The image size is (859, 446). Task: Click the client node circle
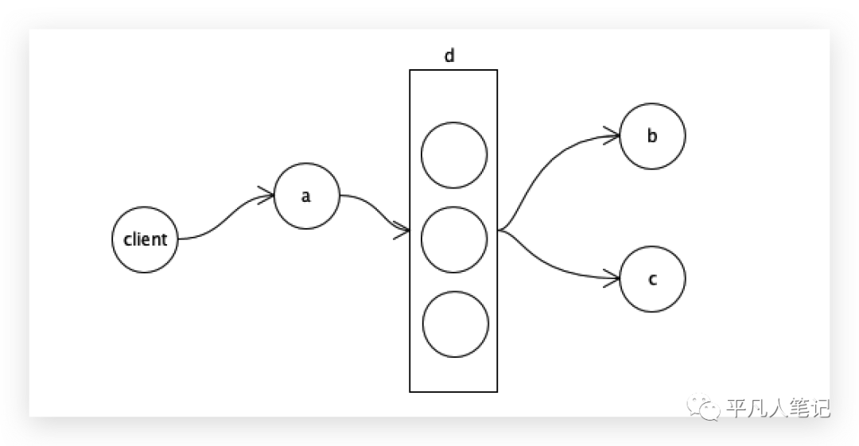tap(145, 239)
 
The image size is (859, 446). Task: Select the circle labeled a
tap(306, 196)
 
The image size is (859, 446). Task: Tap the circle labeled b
tap(652, 136)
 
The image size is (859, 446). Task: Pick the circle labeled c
tap(652, 279)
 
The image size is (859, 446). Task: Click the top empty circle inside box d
tap(454, 155)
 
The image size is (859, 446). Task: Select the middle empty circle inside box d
tap(454, 239)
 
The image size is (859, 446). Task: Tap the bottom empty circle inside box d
tap(455, 324)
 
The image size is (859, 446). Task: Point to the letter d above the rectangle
tap(449, 56)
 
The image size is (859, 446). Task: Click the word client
tap(145, 239)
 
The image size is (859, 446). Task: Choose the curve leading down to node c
tap(549, 263)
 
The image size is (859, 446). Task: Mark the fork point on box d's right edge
tap(499, 231)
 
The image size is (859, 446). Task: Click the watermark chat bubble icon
tap(706, 408)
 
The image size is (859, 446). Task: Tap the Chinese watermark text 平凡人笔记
tap(778, 409)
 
